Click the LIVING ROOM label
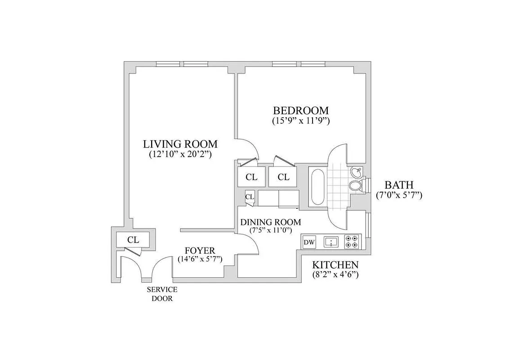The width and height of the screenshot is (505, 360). tap(180, 144)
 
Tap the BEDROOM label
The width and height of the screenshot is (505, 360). tap(301, 111)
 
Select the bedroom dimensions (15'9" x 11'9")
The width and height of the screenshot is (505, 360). tap(301, 121)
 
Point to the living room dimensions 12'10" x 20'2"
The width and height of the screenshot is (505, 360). tap(180, 154)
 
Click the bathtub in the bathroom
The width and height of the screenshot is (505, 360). tap(317, 186)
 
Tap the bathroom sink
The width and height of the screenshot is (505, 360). tap(357, 171)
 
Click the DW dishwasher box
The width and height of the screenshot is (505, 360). tap(309, 243)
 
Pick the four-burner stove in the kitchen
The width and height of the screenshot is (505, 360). tap(351, 242)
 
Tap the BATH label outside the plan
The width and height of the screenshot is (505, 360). tap(398, 185)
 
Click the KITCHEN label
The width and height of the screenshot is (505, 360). tap(335, 265)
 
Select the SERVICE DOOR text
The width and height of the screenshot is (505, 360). tap(162, 293)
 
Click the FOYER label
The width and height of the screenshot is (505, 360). tap(200, 250)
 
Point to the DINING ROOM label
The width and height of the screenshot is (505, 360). tap(270, 222)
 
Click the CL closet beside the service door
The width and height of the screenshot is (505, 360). tap(133, 239)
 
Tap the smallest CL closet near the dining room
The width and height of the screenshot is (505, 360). tap(250, 197)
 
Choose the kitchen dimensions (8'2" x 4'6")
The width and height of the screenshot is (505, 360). tap(335, 274)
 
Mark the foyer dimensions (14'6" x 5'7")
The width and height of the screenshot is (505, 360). tap(200, 259)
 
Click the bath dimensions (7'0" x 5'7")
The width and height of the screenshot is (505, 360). tap(398, 195)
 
